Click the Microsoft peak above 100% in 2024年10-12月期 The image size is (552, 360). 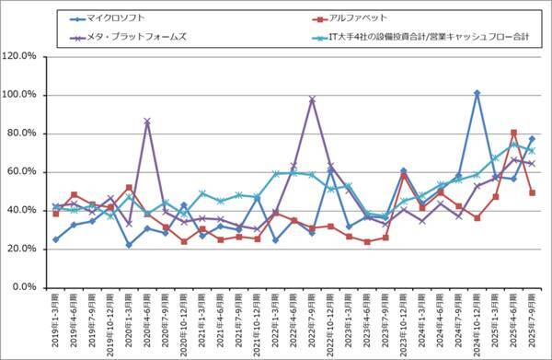pos(477,93)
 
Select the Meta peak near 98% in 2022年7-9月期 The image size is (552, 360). pos(312,99)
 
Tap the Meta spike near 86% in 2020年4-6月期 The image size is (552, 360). pos(147,122)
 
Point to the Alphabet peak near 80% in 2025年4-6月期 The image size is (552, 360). pos(513,133)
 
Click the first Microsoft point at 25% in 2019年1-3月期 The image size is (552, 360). pos(56,239)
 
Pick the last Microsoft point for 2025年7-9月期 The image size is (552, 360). pos(532,139)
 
